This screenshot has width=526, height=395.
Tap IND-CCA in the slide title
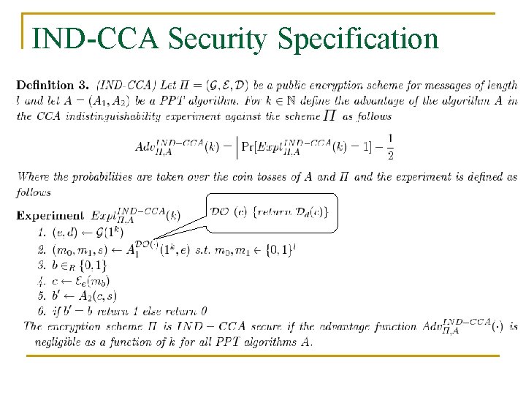click(95, 38)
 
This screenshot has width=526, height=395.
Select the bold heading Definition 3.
click(55, 86)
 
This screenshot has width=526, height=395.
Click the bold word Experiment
click(50, 216)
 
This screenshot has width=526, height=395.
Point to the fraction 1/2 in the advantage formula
click(390, 146)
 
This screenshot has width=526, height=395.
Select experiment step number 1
click(41, 233)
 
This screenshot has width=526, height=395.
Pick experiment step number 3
click(41, 264)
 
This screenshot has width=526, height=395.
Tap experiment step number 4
click(41, 280)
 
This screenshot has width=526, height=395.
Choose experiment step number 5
click(41, 296)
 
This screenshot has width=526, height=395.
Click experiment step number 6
click(41, 311)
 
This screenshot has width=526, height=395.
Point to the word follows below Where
click(34, 193)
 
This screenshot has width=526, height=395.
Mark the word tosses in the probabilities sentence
click(272, 177)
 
